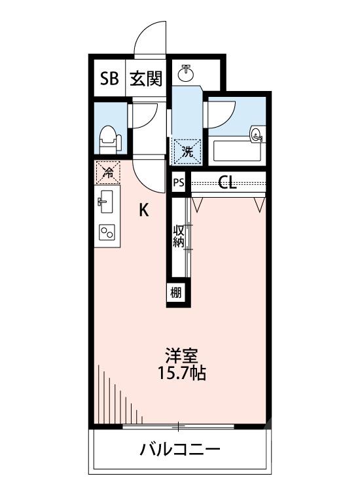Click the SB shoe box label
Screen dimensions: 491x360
pos(109,79)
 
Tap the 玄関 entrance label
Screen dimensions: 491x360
pos(145,79)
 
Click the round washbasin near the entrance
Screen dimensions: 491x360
pos(187,71)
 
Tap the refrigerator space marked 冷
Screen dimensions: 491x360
pos(107,173)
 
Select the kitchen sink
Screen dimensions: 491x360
pos(107,201)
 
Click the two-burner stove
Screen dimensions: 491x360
pos(107,232)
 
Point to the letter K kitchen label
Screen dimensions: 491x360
pos(144,211)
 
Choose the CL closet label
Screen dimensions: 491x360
pos(227,183)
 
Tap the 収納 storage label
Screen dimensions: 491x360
pos(179,237)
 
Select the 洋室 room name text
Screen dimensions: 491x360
pos(181,357)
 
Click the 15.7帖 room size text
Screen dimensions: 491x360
pos(181,375)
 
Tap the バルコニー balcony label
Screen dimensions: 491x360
pos(179,450)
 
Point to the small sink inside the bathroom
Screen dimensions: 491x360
pos(257,136)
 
